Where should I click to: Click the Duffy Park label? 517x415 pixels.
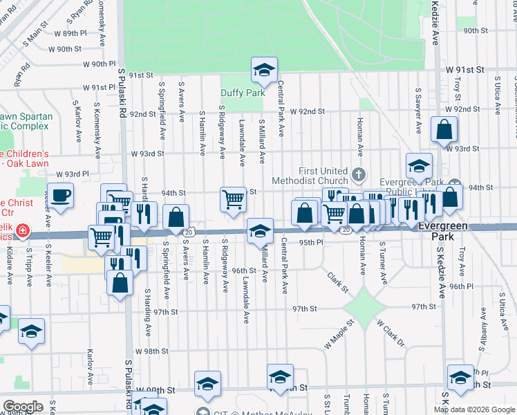pos(243,93)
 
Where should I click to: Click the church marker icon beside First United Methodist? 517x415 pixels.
pos(358,173)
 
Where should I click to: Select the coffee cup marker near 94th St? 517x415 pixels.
pos(60,195)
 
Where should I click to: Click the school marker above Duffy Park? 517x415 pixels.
pos(263,69)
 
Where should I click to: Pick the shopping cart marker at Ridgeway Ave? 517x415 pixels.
pos(234,199)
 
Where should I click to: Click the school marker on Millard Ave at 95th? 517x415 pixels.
pos(260,231)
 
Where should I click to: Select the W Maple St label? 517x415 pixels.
pos(339,335)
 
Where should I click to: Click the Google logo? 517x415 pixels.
pos(23,407)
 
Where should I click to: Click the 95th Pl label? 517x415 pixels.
pos(311,243)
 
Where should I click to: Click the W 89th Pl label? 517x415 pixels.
pos(71,33)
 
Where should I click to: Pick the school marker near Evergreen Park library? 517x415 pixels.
pos(419,165)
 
